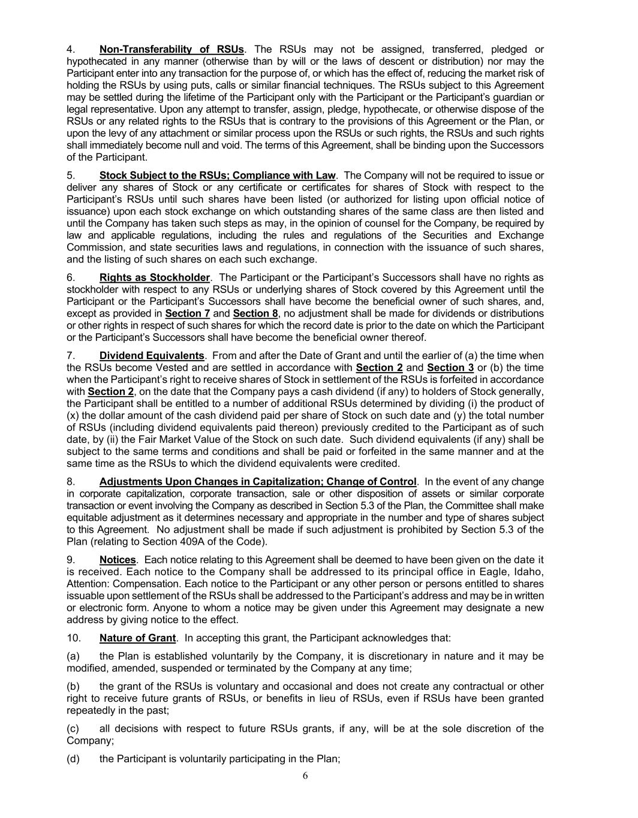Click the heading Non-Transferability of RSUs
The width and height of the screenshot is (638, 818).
pyautogui.click(x=171, y=49)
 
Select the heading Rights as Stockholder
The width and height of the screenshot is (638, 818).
pyautogui.click(x=155, y=277)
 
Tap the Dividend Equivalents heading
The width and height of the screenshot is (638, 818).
pyautogui.click(x=152, y=355)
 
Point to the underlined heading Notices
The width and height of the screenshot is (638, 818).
pyautogui.click(x=118, y=560)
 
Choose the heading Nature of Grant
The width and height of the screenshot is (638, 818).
pyautogui.click(x=137, y=638)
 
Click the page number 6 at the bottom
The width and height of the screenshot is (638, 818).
pyautogui.click(x=305, y=776)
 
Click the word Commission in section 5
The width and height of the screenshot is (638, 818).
pyautogui.click(x=94, y=247)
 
